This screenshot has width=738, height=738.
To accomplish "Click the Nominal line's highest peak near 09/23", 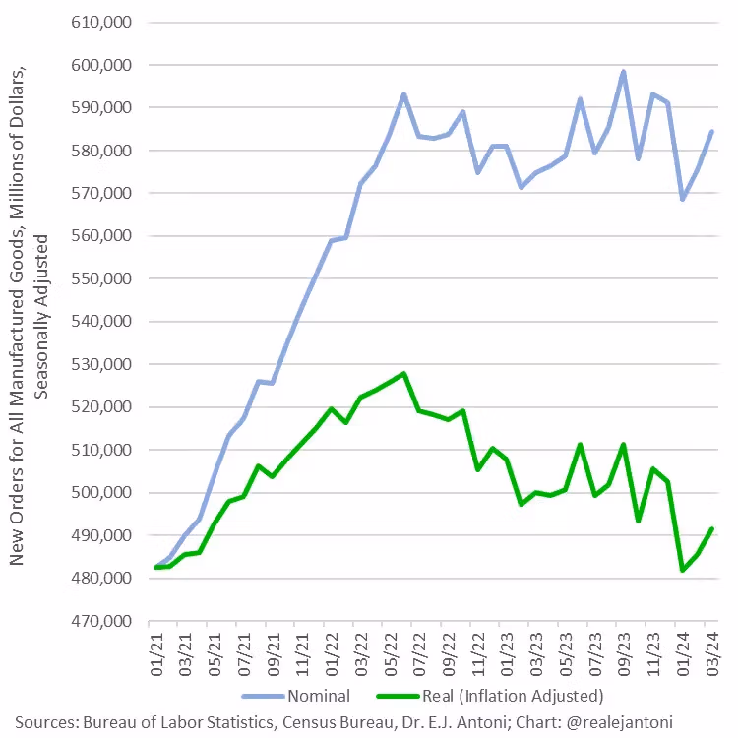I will point(623,72).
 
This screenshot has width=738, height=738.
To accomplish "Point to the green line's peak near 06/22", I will point(403,374).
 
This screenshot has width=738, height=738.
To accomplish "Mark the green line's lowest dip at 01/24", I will point(682,570).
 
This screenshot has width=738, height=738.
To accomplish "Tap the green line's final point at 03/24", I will point(711,529).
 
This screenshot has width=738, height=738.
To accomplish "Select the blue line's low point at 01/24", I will point(682,199).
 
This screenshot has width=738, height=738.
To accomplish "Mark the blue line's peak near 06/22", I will point(403,94).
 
